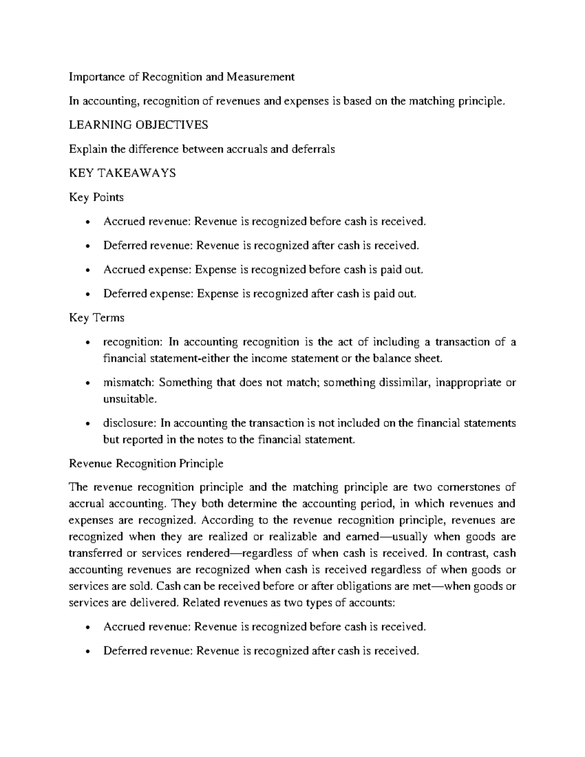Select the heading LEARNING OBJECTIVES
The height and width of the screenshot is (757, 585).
click(x=138, y=125)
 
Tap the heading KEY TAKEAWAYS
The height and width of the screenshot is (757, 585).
click(x=122, y=173)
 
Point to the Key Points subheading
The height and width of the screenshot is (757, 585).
click(x=96, y=197)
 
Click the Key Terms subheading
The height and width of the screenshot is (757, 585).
click(x=97, y=318)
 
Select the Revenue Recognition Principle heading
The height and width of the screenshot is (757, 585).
click(x=146, y=464)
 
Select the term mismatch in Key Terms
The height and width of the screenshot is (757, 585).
click(x=128, y=383)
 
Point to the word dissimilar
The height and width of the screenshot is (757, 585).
click(x=402, y=383)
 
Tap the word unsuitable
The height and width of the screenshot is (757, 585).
click(x=123, y=399)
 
